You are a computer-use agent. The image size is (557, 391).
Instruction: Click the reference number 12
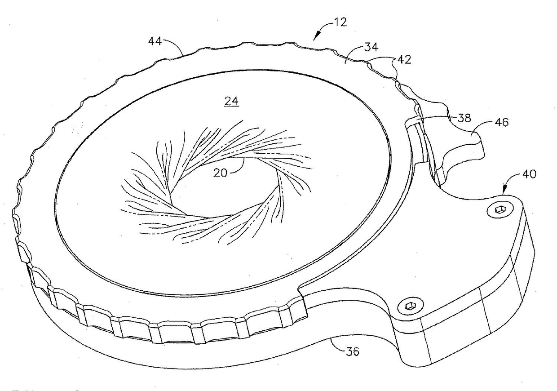pos(340,22)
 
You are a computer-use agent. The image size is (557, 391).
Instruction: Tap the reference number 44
pos(156,41)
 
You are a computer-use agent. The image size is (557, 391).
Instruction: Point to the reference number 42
pos(403,59)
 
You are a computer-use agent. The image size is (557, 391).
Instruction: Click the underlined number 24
pos(232,102)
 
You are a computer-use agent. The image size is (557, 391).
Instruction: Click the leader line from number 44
pos(175,46)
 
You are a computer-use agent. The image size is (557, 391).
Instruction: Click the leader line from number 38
pos(436,118)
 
